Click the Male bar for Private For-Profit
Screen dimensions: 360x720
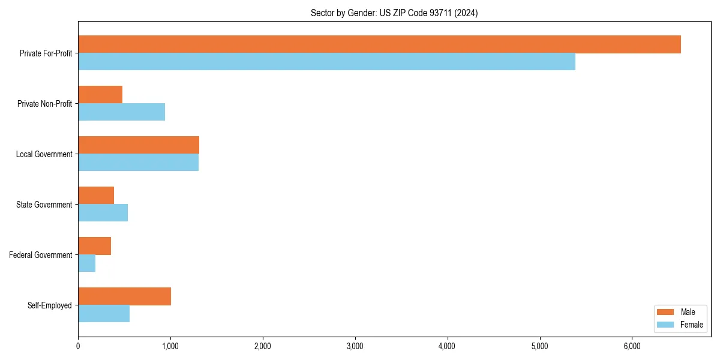coord(379,44)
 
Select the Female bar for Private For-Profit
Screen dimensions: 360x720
coord(326,62)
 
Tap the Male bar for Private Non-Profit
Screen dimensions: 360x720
coord(100,95)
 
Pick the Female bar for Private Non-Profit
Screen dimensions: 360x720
coord(121,112)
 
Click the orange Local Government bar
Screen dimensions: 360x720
coord(139,145)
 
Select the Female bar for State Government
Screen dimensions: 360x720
coord(103,213)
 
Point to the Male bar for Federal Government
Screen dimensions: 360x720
coord(94,246)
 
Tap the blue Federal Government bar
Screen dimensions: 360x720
coord(86,263)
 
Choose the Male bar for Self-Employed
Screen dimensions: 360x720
coord(124,296)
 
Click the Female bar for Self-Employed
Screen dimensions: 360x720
coord(104,314)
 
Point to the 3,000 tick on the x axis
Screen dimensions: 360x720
coord(355,346)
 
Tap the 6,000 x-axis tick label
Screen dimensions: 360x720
coord(632,346)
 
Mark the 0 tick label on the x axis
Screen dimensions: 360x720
coord(78,346)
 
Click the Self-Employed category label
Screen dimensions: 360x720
coord(49,305)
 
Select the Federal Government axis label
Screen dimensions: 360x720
coord(40,255)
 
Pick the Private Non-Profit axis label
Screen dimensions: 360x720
coord(44,104)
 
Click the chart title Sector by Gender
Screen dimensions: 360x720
coord(394,13)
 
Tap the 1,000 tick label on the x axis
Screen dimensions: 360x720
coord(170,346)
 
